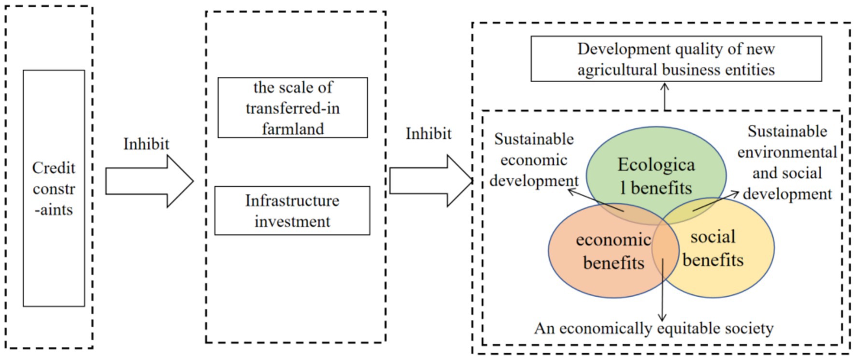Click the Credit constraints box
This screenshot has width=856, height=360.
[x=54, y=188]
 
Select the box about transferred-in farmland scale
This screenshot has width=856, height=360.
[x=292, y=108]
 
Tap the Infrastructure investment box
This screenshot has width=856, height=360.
[x=292, y=211]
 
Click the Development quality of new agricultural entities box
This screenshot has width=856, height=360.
[x=676, y=59]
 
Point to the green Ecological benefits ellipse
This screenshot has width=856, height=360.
[x=656, y=159]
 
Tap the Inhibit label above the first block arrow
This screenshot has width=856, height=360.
[x=146, y=144]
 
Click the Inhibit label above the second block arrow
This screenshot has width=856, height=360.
[x=428, y=133]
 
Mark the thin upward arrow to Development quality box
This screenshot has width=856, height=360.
[x=665, y=97]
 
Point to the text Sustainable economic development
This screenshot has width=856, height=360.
[x=534, y=160]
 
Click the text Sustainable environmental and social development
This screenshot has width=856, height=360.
[x=787, y=163]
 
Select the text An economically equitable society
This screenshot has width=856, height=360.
[x=654, y=329]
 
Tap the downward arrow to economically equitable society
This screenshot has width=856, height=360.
[x=662, y=290]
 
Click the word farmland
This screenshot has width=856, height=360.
[x=293, y=129]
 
